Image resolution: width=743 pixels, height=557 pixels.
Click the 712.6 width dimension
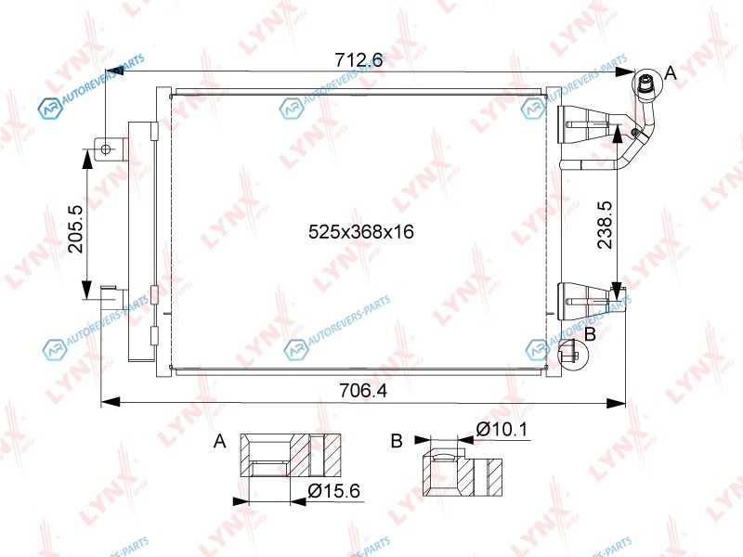click(x=358, y=60)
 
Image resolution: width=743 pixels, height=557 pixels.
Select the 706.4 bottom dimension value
click(x=363, y=391)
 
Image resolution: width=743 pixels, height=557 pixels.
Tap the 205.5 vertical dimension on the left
click(x=75, y=228)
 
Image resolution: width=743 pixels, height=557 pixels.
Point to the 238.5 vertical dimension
click(x=606, y=225)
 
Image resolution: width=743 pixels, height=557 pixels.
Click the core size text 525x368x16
click(x=361, y=231)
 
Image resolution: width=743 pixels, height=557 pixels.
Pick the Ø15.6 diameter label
click(x=333, y=491)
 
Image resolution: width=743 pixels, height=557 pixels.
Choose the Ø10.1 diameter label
click(x=502, y=430)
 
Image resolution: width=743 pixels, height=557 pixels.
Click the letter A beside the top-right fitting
click(x=671, y=73)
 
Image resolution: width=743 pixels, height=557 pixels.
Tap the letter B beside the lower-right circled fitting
click(x=590, y=334)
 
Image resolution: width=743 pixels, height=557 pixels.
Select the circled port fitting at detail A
click(x=646, y=84)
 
